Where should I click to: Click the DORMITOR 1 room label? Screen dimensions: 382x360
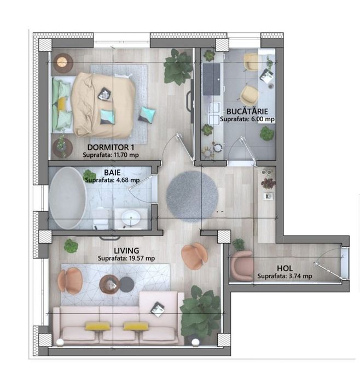pyautogui.click(x=111, y=148)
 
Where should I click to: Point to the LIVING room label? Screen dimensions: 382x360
pyautogui.click(x=126, y=251)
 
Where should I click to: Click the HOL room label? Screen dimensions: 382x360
pyautogui.click(x=284, y=268)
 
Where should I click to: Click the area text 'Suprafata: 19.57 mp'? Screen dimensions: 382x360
pyautogui.click(x=126, y=258)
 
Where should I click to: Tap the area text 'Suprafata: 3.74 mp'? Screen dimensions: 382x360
pyautogui.click(x=284, y=277)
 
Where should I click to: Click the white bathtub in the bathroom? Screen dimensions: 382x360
pyautogui.click(x=67, y=197)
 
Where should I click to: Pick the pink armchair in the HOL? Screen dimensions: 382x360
pyautogui.click(x=241, y=265)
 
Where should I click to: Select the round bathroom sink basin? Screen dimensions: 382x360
pyautogui.click(x=131, y=218)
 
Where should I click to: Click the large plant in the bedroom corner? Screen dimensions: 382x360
pyautogui.click(x=177, y=67)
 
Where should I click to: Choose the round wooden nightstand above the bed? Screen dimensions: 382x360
pyautogui.click(x=63, y=62)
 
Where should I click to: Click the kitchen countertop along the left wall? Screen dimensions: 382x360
pyautogui.click(x=211, y=104)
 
